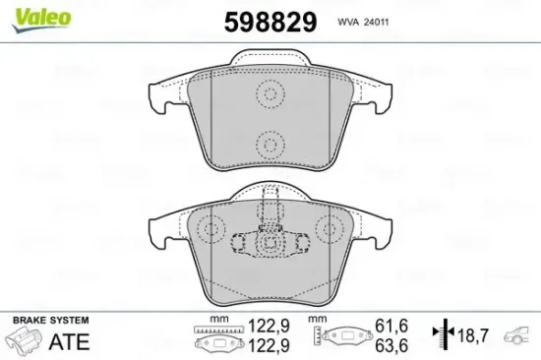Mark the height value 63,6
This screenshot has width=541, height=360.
point(391,346)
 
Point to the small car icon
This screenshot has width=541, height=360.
point(520,337)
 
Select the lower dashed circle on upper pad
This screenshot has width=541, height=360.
point(269,142)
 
